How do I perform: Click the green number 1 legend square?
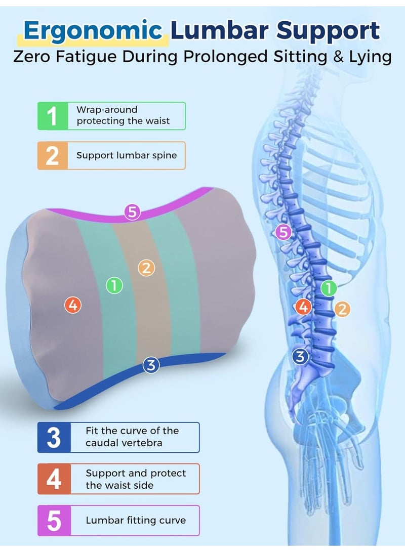(x=53, y=116)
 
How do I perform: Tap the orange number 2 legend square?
(x=53, y=156)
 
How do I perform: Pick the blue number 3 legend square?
(x=54, y=438)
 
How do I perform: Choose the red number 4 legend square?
(x=54, y=479)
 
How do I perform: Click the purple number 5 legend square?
(x=54, y=520)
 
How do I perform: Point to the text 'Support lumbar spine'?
(x=127, y=156)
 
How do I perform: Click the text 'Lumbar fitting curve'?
(x=136, y=520)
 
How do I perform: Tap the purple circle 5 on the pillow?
(x=132, y=213)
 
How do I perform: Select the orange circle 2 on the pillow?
(x=146, y=268)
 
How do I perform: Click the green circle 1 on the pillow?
(x=114, y=285)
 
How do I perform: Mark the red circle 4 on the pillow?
(x=73, y=305)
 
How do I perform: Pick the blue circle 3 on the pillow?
(x=151, y=365)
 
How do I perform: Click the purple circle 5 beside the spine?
(x=283, y=232)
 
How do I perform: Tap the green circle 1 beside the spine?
(x=329, y=288)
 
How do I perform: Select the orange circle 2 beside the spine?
(x=342, y=309)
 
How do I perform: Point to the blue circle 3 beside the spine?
(x=300, y=356)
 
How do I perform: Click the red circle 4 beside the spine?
(x=303, y=307)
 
